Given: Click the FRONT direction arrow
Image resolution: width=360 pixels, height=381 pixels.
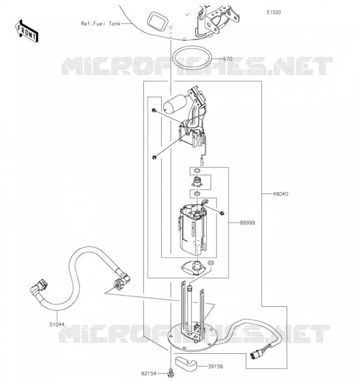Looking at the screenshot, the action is [27, 31].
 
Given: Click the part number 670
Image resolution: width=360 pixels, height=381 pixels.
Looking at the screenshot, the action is [227, 59].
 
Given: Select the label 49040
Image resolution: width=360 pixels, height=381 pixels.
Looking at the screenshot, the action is [280, 194].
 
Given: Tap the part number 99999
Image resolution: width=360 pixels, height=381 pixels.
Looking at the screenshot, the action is [247, 222].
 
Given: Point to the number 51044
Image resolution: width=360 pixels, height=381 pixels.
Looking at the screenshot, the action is [57, 324].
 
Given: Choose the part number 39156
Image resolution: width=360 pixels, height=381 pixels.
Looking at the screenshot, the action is [215, 366].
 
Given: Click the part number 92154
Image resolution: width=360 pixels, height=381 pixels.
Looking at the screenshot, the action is [149, 373].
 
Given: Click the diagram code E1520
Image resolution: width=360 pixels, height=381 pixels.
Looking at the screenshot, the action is [274, 12].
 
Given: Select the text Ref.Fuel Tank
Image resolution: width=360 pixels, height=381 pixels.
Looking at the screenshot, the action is [101, 23].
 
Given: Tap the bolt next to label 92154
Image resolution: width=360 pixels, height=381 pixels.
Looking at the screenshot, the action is [171, 373].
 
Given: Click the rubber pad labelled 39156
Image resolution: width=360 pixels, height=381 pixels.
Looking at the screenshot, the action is [186, 362].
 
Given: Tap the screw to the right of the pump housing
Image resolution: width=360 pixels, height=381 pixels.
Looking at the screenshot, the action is [222, 213].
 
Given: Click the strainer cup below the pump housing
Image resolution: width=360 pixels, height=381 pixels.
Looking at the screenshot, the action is [194, 267].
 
